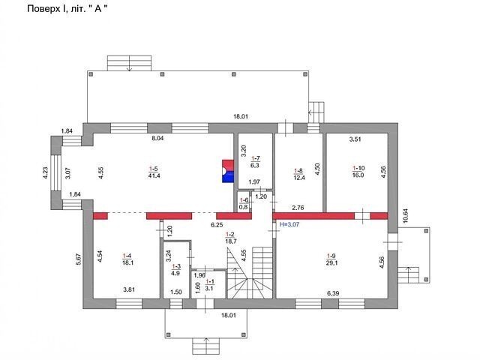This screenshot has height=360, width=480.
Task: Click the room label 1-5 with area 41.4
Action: (154, 172)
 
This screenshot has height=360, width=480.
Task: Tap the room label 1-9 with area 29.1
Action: (332, 259)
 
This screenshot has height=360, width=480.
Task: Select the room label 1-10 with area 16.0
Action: (358, 172)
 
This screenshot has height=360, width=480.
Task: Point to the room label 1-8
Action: (298, 174)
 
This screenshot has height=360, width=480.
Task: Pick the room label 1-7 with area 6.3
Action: (255, 162)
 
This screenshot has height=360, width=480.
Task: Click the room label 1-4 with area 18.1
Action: (127, 259)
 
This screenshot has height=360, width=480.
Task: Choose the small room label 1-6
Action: (244, 203)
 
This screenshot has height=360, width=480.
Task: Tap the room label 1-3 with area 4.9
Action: (176, 270)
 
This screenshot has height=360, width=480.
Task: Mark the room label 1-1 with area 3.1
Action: (210, 285)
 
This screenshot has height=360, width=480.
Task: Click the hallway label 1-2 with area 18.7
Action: (231, 238)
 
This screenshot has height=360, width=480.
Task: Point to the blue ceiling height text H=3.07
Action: (289, 224)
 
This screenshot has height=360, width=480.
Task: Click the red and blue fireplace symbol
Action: (228, 171)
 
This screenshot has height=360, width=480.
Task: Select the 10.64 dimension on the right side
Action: (406, 216)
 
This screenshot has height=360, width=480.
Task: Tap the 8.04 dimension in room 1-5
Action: (157, 138)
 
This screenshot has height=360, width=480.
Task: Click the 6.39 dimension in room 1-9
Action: (333, 293)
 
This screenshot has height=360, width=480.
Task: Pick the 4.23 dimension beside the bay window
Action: (45, 172)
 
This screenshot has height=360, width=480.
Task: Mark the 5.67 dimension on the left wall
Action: (79, 259)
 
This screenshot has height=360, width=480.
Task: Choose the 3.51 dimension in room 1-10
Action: (355, 139)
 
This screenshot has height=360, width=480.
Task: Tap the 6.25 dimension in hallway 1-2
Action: (217, 225)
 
